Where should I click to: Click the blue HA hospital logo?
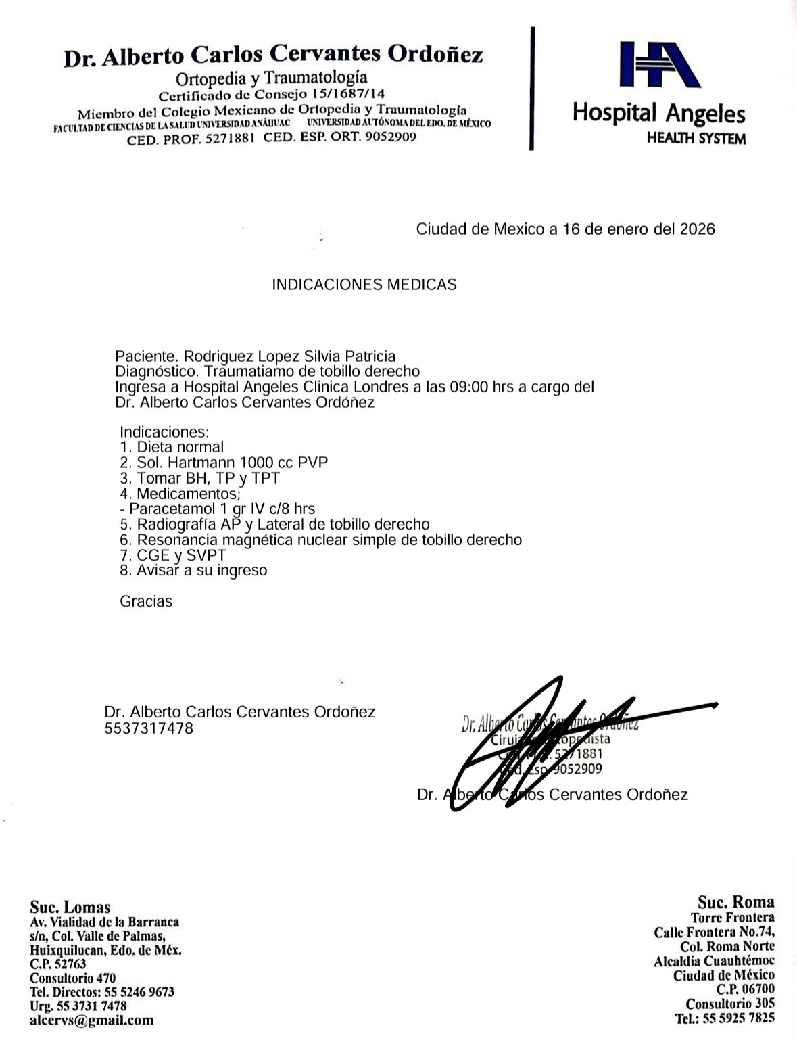click(658, 64)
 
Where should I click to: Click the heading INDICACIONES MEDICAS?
click(364, 285)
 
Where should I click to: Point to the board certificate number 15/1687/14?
click(347, 93)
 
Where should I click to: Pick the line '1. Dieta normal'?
click(172, 447)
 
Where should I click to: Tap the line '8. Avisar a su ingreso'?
click(193, 571)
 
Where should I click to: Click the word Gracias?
click(146, 601)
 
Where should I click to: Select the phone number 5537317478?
click(149, 728)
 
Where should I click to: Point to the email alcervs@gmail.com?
click(92, 1020)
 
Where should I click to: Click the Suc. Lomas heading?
click(70, 907)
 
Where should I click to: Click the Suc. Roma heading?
click(736, 901)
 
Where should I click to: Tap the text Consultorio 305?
click(730, 1004)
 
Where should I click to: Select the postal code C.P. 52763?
click(58, 964)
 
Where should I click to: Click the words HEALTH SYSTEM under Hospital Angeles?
click(696, 139)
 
